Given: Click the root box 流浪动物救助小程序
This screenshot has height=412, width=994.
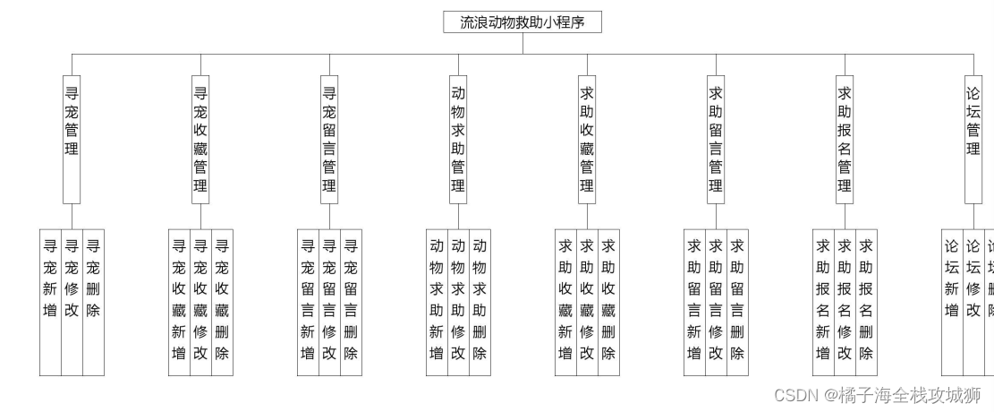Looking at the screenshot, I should pos(522,22).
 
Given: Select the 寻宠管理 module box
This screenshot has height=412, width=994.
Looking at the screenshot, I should pos(72,139).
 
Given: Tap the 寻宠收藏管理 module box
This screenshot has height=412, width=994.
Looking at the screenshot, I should pos(200,139).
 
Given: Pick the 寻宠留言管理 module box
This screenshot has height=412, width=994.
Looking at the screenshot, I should pos(329,139).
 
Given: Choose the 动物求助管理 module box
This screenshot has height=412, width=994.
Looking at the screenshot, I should pos(458,139).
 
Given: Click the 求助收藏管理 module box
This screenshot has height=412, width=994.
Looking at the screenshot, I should pos(587,139).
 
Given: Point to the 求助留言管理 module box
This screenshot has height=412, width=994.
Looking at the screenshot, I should pos(716,139).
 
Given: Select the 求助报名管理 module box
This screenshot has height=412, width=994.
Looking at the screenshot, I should pos(845,139).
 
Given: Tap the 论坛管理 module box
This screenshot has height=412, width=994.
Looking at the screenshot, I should pos(973,139).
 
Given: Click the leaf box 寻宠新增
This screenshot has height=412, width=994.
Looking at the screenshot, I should pos(50,301).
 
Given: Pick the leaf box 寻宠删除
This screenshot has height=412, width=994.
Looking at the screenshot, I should pos(93,301).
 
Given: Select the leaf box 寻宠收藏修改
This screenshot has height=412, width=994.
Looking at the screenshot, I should pos(200,301).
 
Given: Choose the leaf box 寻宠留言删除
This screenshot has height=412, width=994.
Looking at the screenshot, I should pos(351,301).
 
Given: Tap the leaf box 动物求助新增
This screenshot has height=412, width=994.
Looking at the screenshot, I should pos(437,301).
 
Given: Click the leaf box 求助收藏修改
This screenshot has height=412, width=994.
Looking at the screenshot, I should pos(587,301).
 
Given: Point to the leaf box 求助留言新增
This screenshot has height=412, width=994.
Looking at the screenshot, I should pos(694,301).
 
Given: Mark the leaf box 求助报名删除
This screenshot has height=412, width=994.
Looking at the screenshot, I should pos(866,301).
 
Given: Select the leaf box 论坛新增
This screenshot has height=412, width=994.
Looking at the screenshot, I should pos(952,301).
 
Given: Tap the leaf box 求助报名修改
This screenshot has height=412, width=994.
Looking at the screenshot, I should pos(845,301).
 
